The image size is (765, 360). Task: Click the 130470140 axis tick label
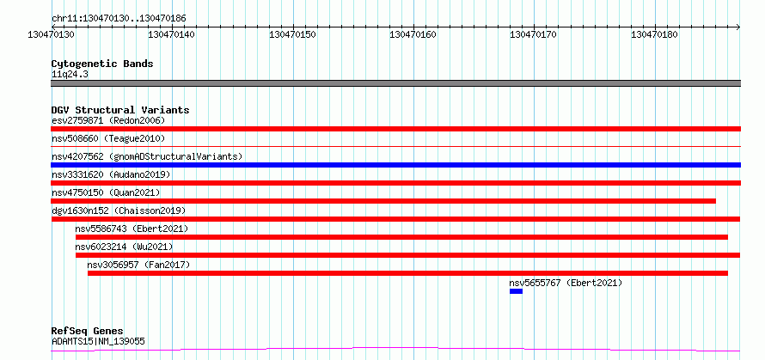[x=172, y=34]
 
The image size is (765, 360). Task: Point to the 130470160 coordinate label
[x=413, y=34]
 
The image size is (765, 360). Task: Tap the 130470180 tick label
[x=655, y=34]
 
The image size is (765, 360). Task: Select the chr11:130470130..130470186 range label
[x=119, y=19]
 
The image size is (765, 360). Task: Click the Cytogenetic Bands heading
[x=102, y=64]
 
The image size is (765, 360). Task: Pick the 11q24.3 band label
[x=70, y=75]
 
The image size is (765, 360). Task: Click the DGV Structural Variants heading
[x=120, y=110]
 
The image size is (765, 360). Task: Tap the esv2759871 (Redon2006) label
[x=108, y=120]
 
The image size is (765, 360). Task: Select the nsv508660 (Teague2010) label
[x=108, y=138]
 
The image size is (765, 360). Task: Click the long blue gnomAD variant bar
[x=395, y=165]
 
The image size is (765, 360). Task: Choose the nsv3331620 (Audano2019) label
[x=111, y=174]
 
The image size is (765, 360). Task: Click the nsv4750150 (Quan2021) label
[x=106, y=192]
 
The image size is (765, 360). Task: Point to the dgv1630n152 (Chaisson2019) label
[x=119, y=211]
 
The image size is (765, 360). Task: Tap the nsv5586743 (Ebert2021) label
[x=132, y=229]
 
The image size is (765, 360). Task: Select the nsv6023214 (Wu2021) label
[x=124, y=247]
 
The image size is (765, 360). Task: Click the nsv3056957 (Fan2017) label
[x=138, y=265]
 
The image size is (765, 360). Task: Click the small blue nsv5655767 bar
[x=517, y=291]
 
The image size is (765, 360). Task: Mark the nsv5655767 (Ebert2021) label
[x=566, y=283]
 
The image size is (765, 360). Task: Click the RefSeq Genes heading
[x=88, y=332]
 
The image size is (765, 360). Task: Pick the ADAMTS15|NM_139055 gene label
[x=98, y=341]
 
